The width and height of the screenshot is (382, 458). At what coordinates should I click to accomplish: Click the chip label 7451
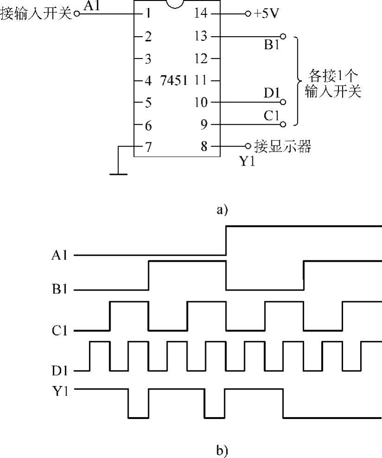[x=174, y=81]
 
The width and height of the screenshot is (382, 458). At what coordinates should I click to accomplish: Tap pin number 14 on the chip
[x=201, y=13]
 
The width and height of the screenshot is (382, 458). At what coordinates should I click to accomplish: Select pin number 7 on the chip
[x=148, y=147]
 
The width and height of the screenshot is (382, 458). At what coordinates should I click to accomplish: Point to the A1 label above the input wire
[x=92, y=6]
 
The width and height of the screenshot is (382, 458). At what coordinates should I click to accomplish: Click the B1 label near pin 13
[x=271, y=45]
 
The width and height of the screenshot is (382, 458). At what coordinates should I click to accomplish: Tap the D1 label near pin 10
[x=272, y=93]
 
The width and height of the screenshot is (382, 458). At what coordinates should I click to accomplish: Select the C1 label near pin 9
[x=272, y=116]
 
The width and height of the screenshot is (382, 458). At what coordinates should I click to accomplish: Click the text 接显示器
[x=282, y=147]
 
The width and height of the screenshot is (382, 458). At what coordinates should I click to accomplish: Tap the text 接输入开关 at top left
[x=36, y=13]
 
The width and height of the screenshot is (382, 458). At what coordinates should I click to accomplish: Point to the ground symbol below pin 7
[x=119, y=174]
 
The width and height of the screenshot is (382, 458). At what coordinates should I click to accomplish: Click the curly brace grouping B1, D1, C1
[x=296, y=81]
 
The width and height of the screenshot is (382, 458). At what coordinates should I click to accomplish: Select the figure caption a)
[x=222, y=210]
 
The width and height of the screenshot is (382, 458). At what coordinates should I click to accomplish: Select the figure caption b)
[x=222, y=450]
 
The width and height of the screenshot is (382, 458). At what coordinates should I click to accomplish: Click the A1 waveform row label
[x=60, y=255]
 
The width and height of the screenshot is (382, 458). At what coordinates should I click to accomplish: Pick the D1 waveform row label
[x=60, y=371]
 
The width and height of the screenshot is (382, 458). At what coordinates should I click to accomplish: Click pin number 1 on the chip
[x=148, y=13]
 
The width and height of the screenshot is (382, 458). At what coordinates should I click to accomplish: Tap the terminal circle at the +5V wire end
[x=248, y=13]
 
